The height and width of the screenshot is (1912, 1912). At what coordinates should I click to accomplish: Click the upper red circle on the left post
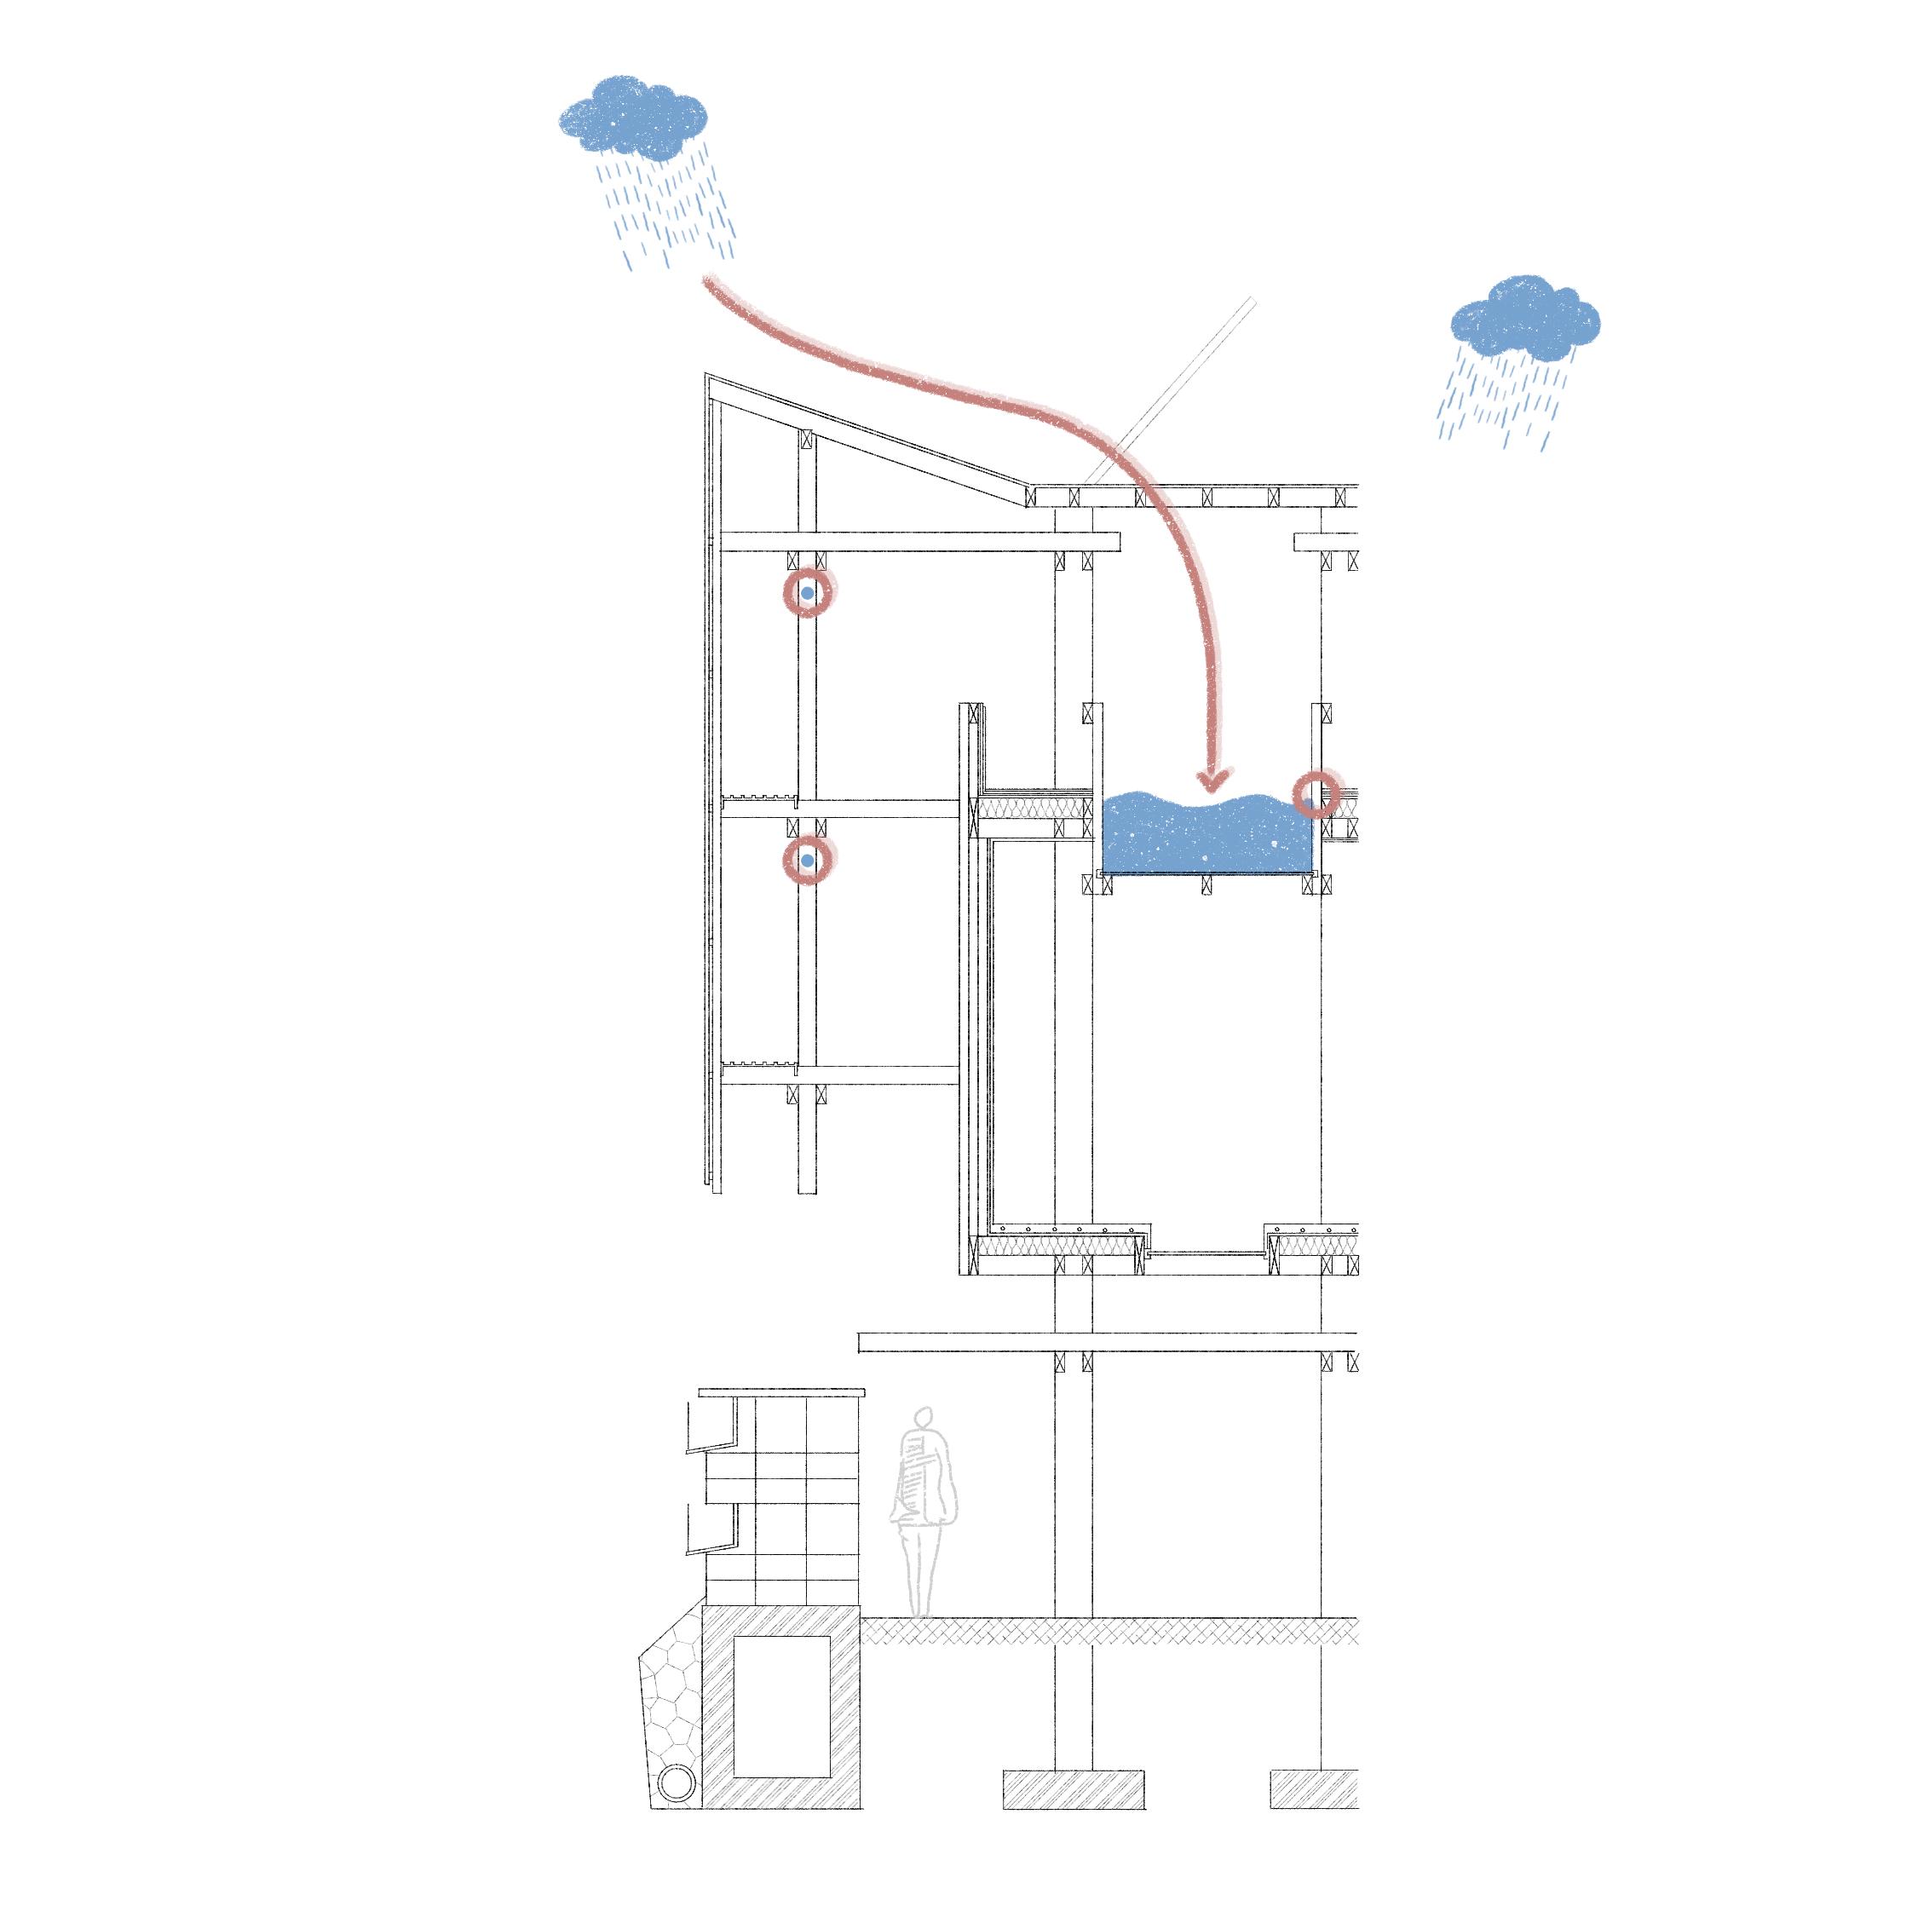809,593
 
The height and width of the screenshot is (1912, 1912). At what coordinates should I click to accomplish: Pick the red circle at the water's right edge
1316,795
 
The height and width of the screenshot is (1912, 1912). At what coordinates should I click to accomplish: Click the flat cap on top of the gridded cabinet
782,1392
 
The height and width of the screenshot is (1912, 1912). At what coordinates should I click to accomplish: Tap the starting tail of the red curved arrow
711,283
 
